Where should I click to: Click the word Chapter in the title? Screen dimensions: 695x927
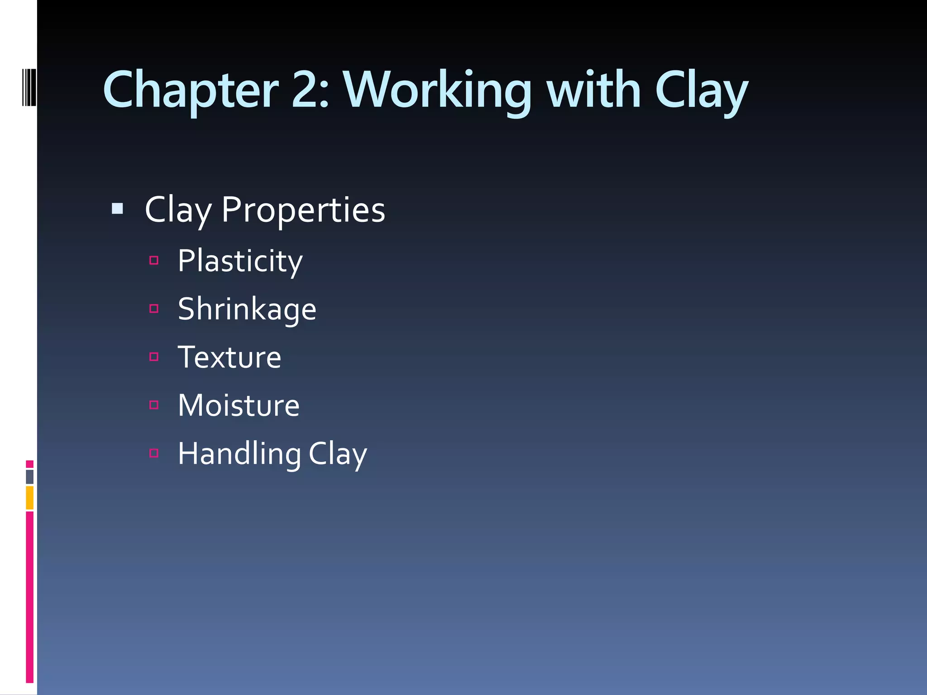coord(191,90)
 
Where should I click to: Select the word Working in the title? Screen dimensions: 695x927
coord(437,90)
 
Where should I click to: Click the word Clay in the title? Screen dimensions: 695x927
coord(701,90)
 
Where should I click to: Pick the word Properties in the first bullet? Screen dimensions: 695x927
coord(303,210)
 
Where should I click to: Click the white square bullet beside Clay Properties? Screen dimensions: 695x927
coord(117,209)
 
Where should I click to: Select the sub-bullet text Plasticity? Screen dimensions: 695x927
coord(240,262)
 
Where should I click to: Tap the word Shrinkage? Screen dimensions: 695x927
coord(247,309)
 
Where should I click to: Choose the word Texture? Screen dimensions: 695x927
coord(229,357)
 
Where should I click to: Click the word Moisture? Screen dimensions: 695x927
coord(239,405)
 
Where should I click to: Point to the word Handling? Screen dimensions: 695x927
coord(239,454)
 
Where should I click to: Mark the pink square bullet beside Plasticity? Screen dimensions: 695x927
coord(154,260)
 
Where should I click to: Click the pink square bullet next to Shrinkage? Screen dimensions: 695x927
coord(154,309)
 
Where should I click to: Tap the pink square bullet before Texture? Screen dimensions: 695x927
coord(154,357)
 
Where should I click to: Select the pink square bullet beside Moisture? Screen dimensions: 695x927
coord(154,405)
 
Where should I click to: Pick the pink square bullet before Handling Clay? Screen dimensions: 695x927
coord(154,453)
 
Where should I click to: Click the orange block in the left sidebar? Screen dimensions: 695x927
coord(30,498)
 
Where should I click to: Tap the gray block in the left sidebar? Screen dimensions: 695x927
coord(30,477)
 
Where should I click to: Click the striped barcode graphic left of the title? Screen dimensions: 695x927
coord(29,87)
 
